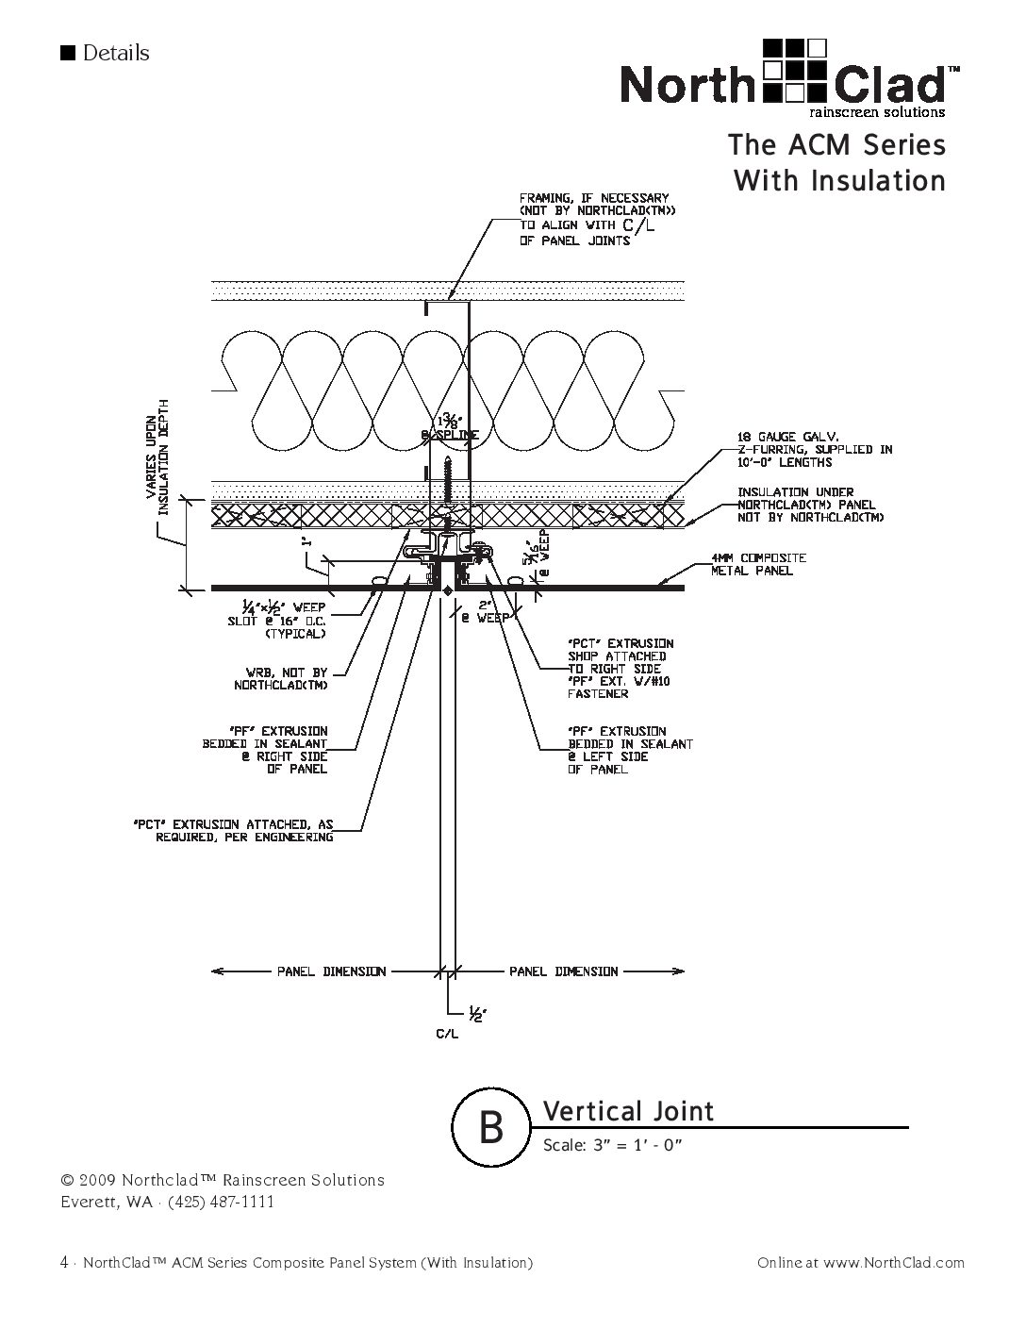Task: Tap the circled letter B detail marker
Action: point(490,1128)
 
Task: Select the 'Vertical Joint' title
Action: point(628,1111)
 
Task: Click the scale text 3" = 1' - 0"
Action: point(612,1145)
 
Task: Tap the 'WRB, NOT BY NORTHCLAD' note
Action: point(281,679)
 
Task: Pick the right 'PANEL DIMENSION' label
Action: point(563,971)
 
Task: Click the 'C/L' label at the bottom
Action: point(447,1035)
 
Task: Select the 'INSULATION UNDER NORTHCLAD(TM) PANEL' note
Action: point(810,505)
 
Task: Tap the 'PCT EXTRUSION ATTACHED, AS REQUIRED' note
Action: point(233,830)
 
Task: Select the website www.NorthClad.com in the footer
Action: point(893,1262)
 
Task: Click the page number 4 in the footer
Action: point(63,1262)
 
